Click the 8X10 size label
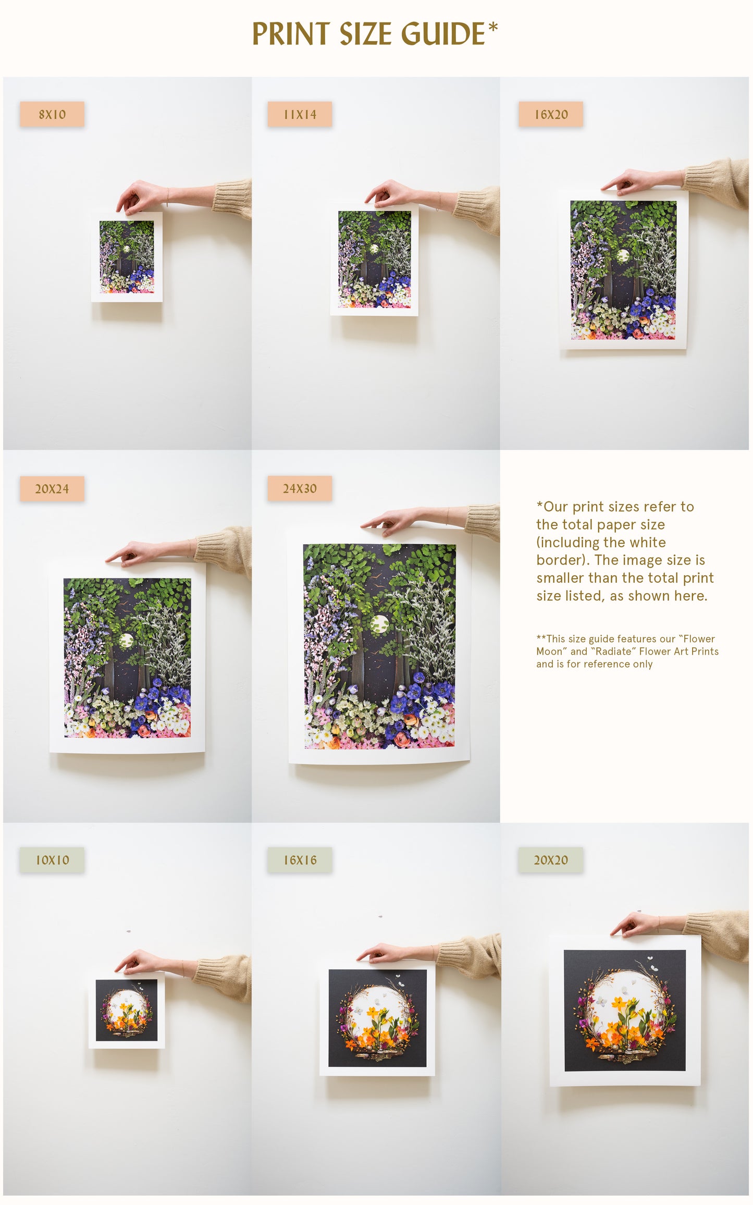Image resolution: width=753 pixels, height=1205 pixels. (x=52, y=114)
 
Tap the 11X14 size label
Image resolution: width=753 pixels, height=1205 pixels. (x=300, y=114)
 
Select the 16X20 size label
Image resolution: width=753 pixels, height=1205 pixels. (x=551, y=114)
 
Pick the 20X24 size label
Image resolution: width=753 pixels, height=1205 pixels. (x=52, y=488)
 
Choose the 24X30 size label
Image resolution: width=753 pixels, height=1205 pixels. (x=300, y=488)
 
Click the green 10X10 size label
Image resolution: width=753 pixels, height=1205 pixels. (x=52, y=860)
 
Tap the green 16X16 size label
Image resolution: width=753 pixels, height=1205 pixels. (x=300, y=860)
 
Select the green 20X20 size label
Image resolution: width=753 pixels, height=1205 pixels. (x=551, y=860)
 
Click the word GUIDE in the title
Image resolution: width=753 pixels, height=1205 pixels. (x=442, y=34)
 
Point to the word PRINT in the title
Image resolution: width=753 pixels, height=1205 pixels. (x=291, y=34)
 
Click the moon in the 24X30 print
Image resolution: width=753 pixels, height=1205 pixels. (x=379, y=623)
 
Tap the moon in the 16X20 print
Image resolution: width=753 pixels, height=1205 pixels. (x=623, y=255)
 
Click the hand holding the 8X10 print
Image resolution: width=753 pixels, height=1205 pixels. (x=137, y=196)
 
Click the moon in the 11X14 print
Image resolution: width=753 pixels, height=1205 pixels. (x=374, y=249)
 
